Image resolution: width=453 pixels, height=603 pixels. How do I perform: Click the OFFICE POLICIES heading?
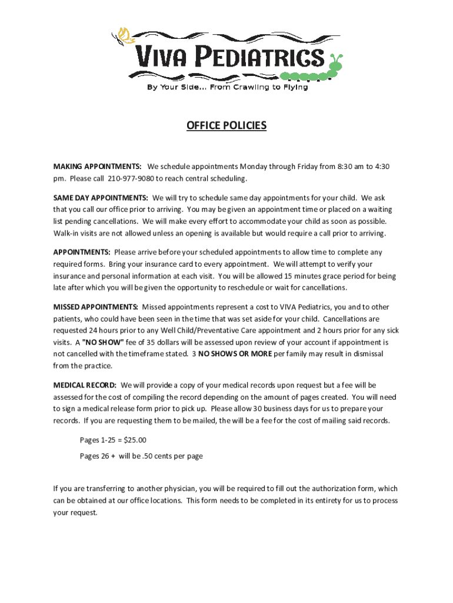226,125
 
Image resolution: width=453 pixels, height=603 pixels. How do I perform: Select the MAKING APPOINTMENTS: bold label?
97,167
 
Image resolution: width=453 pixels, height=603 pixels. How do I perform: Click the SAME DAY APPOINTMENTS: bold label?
101,198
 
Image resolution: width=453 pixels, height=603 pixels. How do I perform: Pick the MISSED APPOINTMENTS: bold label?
96,307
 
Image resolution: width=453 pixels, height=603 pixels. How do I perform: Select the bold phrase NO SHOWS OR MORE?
235,354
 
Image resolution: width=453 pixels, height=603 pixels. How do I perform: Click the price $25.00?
134,440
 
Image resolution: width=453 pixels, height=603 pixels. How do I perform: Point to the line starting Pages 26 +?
141,456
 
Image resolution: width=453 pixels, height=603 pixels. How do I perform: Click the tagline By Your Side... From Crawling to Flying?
226,88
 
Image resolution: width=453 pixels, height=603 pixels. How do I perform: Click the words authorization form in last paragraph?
344,489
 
